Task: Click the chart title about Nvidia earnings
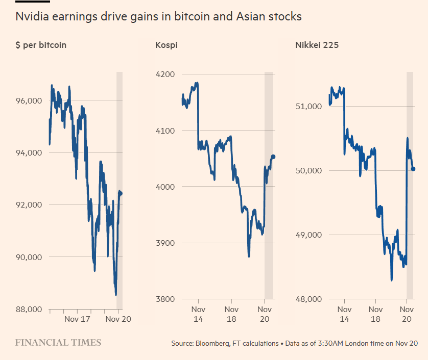158,16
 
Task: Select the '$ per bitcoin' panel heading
41,45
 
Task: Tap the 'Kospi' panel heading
166,45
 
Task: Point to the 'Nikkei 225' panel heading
317,45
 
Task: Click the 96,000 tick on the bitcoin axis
29,100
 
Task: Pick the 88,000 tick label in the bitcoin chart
29,309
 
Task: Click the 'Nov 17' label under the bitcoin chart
77,320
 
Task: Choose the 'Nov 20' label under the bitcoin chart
117,320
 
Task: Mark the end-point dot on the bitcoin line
121,193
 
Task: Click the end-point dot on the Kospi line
273,157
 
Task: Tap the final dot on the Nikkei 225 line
413,169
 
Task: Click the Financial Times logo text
58,343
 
